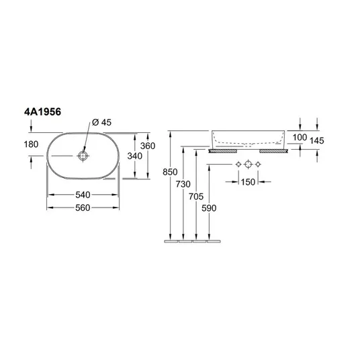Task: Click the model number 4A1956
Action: (x=43, y=112)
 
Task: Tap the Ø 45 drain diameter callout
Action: (x=101, y=122)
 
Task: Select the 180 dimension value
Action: (x=31, y=144)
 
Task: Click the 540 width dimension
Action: (x=83, y=195)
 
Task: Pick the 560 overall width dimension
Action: (x=83, y=208)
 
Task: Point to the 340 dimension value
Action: (x=135, y=156)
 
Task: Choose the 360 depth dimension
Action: (x=148, y=146)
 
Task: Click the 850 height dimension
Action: (x=170, y=172)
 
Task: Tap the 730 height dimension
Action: (x=183, y=184)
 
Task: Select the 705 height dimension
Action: (x=196, y=197)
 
